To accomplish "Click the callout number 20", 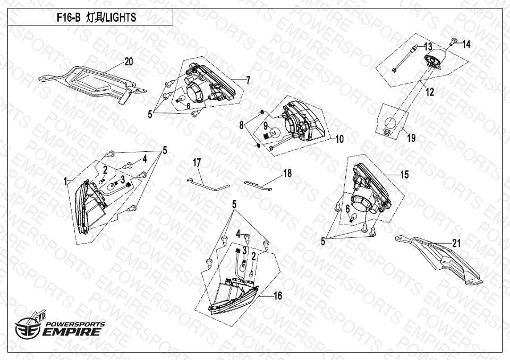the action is [x=129, y=62].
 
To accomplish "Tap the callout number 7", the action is [x=248, y=80].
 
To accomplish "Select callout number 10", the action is [x=339, y=139].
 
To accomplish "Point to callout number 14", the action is [x=466, y=44].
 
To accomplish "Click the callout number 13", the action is [x=428, y=47].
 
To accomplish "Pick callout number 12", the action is [x=430, y=92].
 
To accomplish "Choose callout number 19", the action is [x=411, y=138].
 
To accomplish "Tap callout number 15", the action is [x=404, y=175].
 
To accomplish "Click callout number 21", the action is [x=457, y=243].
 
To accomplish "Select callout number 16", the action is [x=278, y=296].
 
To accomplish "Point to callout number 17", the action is [x=197, y=162].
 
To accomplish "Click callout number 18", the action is [x=287, y=173].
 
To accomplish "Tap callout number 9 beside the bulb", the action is [x=266, y=125].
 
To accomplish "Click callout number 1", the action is [x=65, y=181].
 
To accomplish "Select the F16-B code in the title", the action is [x=69, y=17].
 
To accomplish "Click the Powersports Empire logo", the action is [x=60, y=326].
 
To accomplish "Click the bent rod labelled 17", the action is [x=208, y=184].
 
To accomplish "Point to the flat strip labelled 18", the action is [x=258, y=185].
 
